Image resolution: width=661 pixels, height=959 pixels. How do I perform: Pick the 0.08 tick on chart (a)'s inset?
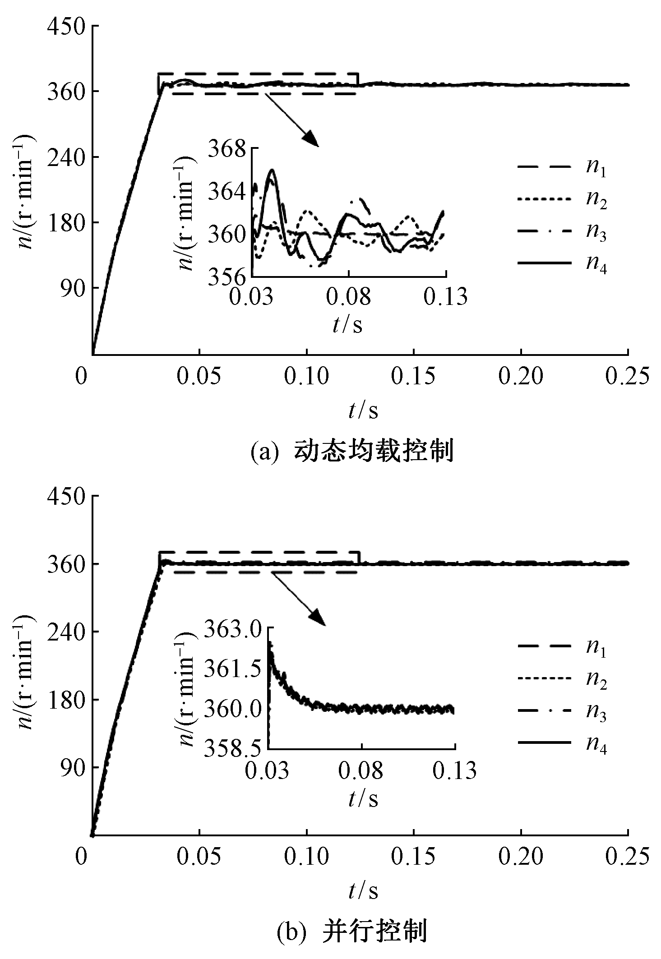[348, 297]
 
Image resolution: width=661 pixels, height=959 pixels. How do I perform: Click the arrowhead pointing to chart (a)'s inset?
[311, 139]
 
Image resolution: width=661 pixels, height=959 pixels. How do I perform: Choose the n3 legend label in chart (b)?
[596, 714]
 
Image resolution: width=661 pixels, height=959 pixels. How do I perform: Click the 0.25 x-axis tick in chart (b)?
[627, 857]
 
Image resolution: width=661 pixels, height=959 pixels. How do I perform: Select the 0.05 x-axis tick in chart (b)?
[199, 857]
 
